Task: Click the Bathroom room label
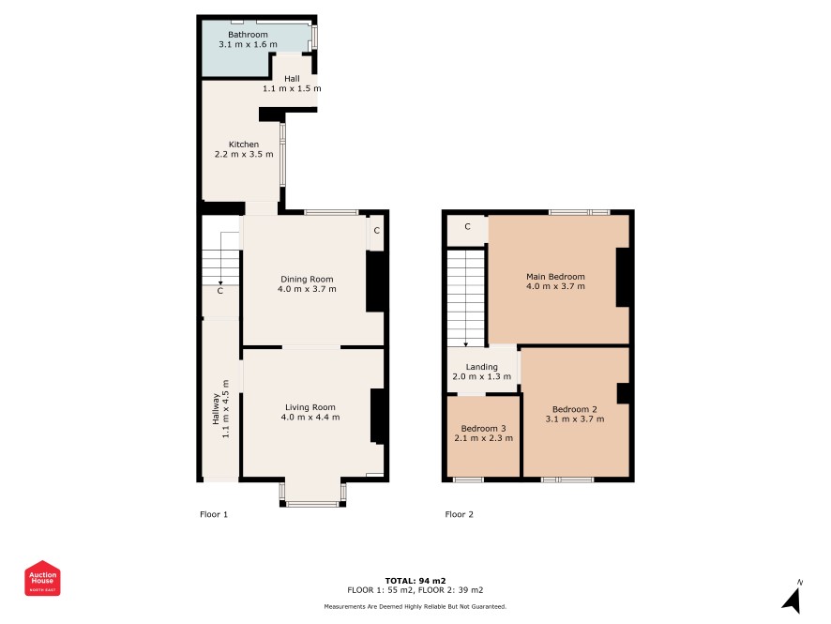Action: (248, 35)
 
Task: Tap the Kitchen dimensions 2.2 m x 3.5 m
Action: (244, 154)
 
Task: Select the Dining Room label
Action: (307, 279)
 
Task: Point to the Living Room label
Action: (310, 407)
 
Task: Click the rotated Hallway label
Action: (216, 409)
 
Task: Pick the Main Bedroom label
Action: (555, 276)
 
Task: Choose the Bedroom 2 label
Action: (575, 409)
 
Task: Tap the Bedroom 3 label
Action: (483, 429)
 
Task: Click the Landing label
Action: (482, 367)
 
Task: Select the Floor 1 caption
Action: (214, 514)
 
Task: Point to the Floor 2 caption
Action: (459, 514)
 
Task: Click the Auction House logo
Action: (42, 578)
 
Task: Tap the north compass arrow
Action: (792, 600)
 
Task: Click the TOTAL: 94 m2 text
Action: (415, 581)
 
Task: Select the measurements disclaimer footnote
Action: (415, 606)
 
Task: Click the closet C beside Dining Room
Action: (376, 231)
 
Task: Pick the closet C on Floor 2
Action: (467, 226)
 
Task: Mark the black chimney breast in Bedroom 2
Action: (623, 393)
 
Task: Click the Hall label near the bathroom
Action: (292, 79)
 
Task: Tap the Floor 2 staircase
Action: (466, 298)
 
